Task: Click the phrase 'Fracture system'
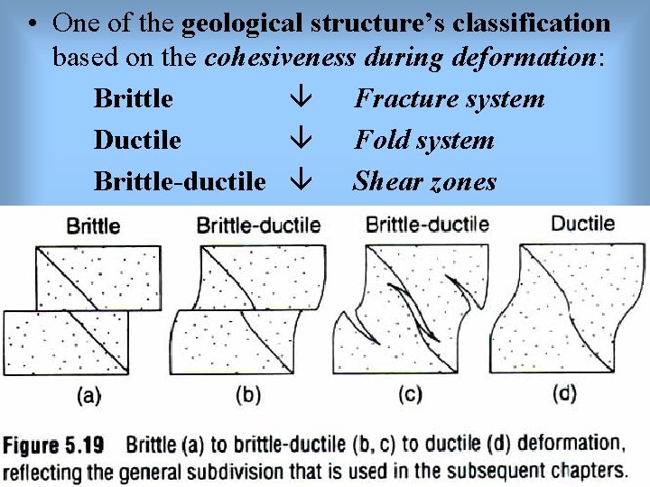click(449, 97)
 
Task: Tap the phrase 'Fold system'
click(423, 140)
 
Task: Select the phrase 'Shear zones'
click(423, 181)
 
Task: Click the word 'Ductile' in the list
click(137, 140)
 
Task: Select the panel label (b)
click(249, 394)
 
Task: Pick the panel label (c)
click(410, 394)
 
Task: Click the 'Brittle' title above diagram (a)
click(93, 225)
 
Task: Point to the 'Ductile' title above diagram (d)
click(582, 223)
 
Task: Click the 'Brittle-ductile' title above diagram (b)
click(258, 225)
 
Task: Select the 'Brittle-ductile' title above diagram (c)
click(427, 224)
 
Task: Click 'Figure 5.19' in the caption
click(53, 446)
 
